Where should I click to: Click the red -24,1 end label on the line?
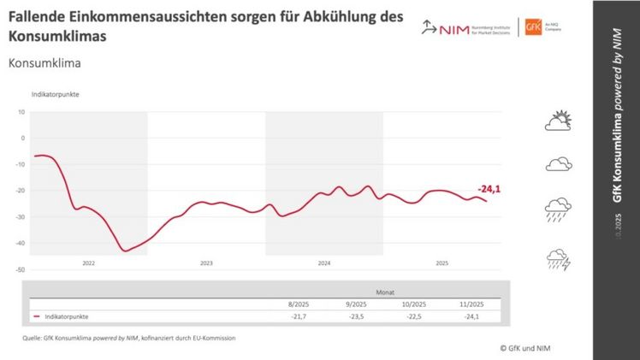pos(489,189)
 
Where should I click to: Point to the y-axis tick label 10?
pos(22,112)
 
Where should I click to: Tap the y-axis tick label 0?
pos(24,138)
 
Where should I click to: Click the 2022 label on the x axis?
pos(89,263)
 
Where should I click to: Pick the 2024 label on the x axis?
pos(324,263)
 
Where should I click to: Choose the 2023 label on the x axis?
pos(206,263)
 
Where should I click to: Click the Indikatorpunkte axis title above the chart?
pos(56,94)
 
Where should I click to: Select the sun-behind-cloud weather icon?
pos(558,121)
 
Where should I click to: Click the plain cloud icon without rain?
pos(558,164)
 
